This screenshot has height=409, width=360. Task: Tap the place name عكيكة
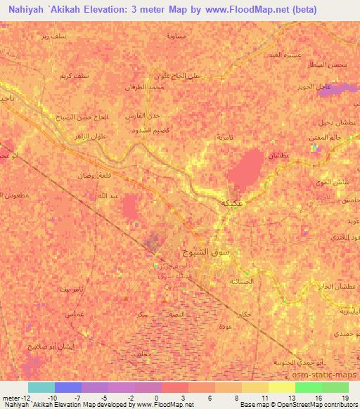point(232,202)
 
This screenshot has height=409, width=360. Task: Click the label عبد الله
point(104,195)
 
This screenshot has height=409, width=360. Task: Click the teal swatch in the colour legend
point(41,387)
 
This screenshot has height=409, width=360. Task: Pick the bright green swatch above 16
point(308,387)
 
